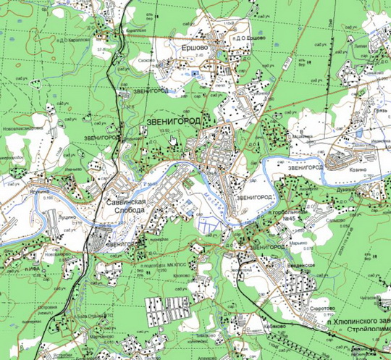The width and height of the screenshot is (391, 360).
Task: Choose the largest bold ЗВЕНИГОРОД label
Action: (177, 120)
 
